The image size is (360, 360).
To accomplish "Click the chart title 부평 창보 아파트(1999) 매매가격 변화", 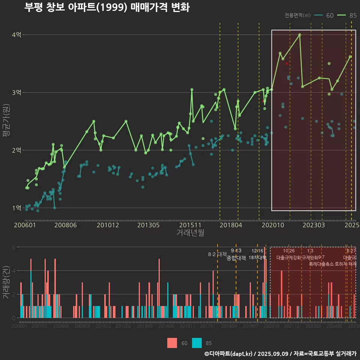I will (x=107, y=7).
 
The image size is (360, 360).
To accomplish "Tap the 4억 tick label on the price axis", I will (x=16, y=35).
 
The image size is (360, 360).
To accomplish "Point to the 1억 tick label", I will (x=16, y=208).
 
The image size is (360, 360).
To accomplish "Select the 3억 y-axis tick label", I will (x=16, y=93).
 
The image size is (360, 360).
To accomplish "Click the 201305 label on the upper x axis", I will (x=148, y=225).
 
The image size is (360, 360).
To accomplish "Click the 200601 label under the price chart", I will (x=25, y=225).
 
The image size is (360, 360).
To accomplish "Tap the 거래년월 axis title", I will (x=190, y=232).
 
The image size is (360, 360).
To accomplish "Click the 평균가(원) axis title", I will (x=6, y=121).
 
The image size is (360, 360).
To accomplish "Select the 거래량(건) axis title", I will (x=6, y=282).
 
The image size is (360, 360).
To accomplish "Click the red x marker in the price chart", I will (x=287, y=64).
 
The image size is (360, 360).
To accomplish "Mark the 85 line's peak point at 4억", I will (x=300, y=35).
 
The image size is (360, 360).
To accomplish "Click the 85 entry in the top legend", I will (x=347, y=15).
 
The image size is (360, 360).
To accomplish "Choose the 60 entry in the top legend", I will (x=324, y=15).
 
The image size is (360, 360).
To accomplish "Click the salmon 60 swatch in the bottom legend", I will (x=172, y=343).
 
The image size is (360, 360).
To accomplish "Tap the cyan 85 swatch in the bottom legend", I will (x=196, y=343).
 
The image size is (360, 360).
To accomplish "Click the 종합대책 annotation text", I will (x=236, y=258).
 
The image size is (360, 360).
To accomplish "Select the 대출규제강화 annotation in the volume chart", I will (x=288, y=258).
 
